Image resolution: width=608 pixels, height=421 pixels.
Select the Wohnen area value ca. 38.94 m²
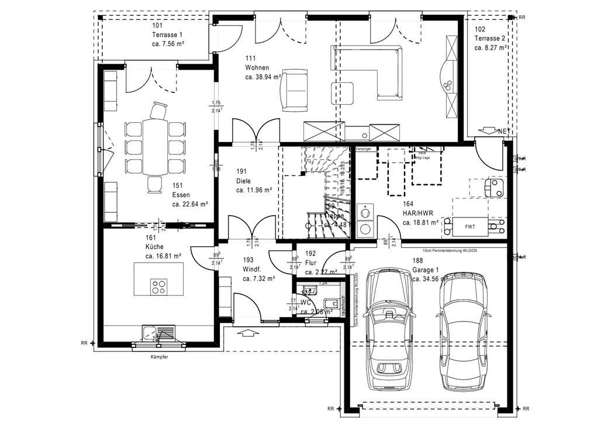click(263, 77)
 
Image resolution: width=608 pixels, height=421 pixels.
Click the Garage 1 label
click(425, 270)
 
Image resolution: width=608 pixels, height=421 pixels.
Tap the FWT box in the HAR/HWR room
click(470, 225)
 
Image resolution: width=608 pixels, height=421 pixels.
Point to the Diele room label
click(244, 181)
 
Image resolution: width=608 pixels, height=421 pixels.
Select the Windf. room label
click(251, 270)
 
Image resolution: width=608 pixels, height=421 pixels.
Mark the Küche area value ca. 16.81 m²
click(163, 256)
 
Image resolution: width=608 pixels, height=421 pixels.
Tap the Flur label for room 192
click(310, 263)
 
